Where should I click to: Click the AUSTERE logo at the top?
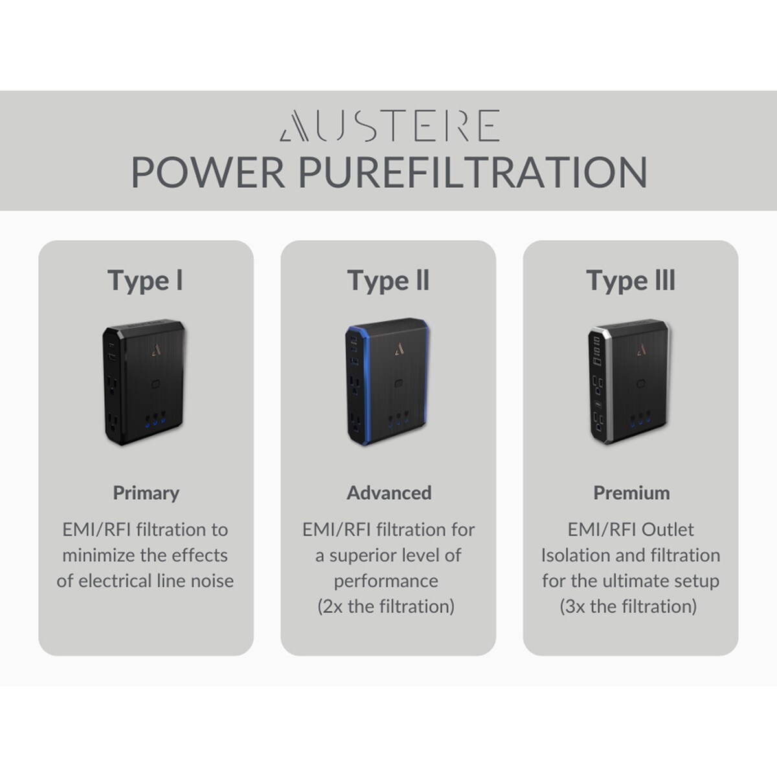[390, 126]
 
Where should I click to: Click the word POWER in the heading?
[208, 173]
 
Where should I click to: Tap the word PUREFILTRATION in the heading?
[473, 173]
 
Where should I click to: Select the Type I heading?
[146, 282]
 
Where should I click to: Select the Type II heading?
[388, 282]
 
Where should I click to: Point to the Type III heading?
[631, 282]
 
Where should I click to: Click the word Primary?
[146, 493]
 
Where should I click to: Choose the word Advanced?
[389, 493]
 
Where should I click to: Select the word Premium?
[631, 493]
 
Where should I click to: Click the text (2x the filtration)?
[386, 607]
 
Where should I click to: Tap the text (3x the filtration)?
[628, 607]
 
